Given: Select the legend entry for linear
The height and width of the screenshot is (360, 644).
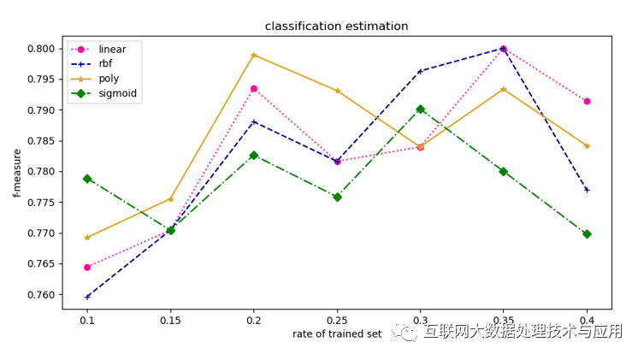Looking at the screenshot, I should point(112,50).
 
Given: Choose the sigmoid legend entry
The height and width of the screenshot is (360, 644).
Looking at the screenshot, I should point(117,94).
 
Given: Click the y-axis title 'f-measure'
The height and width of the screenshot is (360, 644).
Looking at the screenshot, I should point(17,173).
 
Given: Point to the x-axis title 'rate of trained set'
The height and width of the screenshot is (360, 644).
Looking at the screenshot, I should point(336,333).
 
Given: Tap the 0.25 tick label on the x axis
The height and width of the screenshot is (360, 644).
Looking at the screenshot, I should point(337,319).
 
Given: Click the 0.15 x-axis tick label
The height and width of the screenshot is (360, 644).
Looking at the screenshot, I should point(170,319).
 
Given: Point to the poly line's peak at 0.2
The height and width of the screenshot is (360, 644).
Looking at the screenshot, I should point(254,55).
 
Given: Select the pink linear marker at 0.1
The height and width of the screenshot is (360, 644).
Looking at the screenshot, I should point(87,267).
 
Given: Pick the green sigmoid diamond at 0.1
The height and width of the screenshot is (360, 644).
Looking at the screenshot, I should point(87,179).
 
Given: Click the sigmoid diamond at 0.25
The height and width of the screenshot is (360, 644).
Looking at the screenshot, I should point(337,197).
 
